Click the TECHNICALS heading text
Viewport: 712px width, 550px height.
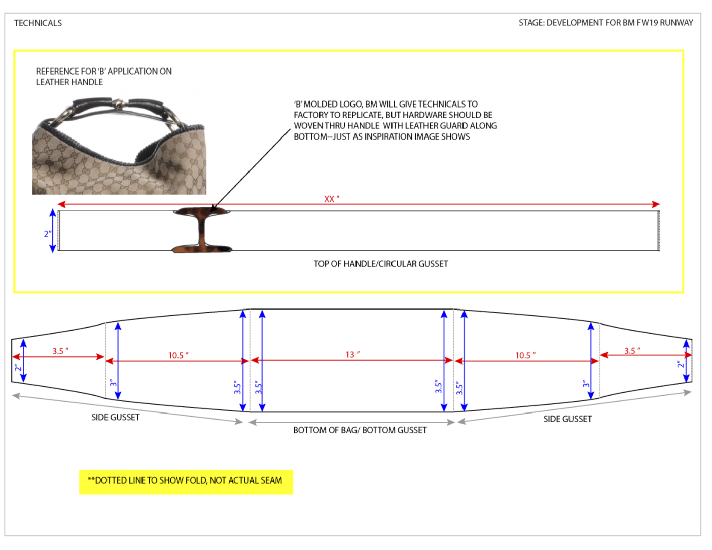pos(38,23)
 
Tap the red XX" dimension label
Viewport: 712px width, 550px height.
pos(332,199)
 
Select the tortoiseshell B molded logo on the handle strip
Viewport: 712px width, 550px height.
pos(202,230)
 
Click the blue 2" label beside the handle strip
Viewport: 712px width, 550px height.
pos(48,234)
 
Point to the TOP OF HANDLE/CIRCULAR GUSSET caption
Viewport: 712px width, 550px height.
pos(381,264)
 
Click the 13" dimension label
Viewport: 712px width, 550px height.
pos(352,354)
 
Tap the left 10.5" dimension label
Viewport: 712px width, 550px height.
pos(178,355)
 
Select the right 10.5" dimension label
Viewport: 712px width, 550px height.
pos(525,355)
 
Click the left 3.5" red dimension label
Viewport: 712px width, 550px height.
pos(61,351)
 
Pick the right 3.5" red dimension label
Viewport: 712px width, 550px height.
pos(632,351)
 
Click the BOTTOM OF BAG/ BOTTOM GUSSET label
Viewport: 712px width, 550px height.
pos(360,430)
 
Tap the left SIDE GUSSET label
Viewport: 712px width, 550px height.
pos(115,417)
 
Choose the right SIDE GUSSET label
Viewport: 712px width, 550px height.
pos(567,419)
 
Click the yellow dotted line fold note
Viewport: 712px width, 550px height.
pos(186,482)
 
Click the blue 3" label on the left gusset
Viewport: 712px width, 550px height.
pos(113,383)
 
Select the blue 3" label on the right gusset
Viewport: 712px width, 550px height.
pos(586,384)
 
